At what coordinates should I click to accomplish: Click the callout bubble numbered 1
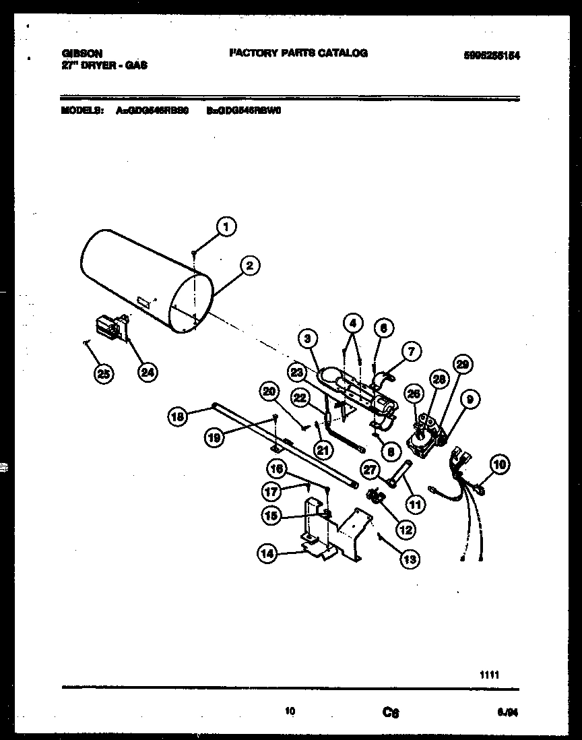226,227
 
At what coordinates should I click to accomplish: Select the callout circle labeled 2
249,266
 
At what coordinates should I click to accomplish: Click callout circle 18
176,417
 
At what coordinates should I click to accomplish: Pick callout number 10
499,464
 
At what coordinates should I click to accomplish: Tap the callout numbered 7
412,350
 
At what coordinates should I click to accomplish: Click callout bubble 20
269,391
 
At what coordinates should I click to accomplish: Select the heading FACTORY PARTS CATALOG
298,53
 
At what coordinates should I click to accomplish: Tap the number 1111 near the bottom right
490,673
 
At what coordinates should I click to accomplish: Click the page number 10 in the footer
290,710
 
